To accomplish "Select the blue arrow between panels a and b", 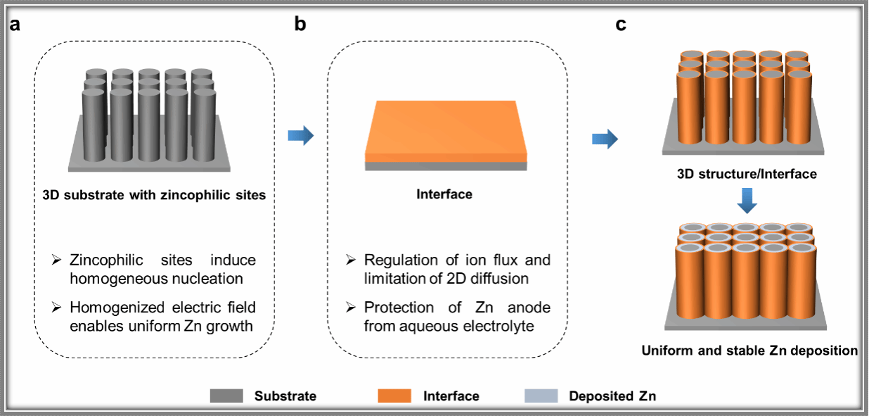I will coord(300,135).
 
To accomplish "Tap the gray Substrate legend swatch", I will coord(226,396).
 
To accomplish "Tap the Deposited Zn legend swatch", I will coord(541,396).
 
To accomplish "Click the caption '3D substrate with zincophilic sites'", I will coord(153,195).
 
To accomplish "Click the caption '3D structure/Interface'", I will coord(747,173).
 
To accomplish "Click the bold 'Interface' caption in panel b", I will coord(444,194).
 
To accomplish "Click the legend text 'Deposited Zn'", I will coord(612,396).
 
